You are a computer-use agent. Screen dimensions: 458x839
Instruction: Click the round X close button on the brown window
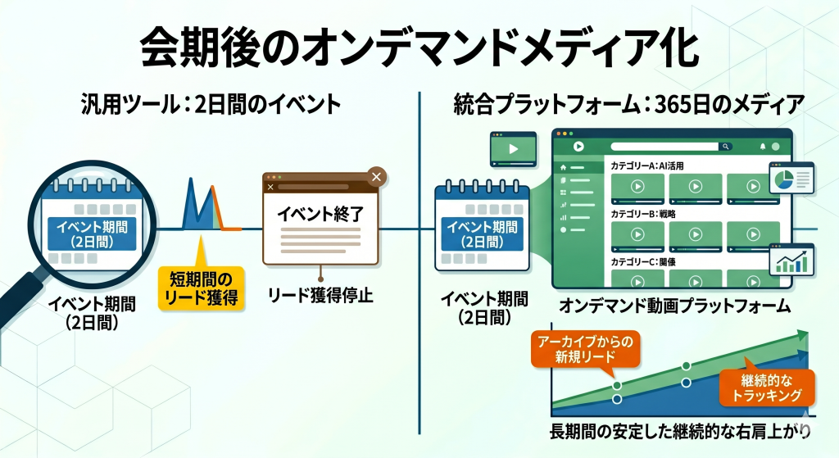pos(376,176)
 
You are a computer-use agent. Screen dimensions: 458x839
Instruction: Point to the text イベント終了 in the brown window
pos(320,215)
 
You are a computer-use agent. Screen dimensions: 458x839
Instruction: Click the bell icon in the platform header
pos(763,147)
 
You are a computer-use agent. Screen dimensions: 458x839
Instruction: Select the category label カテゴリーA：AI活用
pos(647,166)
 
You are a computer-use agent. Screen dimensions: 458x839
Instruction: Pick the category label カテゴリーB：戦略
pos(643,214)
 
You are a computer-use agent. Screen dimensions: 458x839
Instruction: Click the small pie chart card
pos(791,179)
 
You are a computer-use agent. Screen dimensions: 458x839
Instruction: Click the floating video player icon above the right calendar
pos(512,149)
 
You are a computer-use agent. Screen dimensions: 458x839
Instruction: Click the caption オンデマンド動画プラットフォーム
pos(674,306)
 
